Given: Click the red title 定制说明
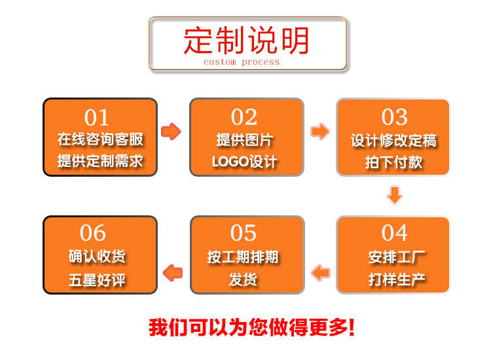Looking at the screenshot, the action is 247,41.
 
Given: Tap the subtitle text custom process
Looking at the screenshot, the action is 242,62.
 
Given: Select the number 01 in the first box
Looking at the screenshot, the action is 97,118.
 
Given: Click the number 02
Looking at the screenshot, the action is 244,117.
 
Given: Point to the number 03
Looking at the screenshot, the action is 394,117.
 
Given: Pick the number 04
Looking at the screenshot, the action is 394,233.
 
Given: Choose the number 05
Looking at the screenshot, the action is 244,233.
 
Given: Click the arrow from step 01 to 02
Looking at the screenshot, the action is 171,132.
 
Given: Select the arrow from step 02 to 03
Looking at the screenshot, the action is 319,132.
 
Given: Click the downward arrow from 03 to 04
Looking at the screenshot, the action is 394,194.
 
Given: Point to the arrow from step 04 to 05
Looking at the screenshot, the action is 321,271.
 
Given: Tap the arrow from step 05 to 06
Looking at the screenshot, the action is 173,271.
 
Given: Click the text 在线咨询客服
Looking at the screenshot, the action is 100,139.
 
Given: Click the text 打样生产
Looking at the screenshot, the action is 397,279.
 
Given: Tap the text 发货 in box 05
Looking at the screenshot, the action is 244,279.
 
